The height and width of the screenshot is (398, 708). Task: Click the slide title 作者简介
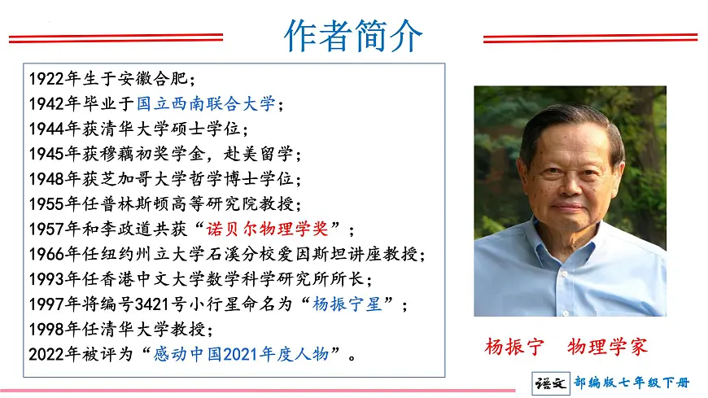[x=353, y=37]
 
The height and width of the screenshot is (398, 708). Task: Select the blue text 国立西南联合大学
[x=205, y=104]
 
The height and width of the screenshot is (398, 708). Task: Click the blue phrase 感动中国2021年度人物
[x=240, y=355]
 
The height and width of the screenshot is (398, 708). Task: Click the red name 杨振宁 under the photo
[x=513, y=346]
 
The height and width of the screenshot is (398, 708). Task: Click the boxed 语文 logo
[x=550, y=383]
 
